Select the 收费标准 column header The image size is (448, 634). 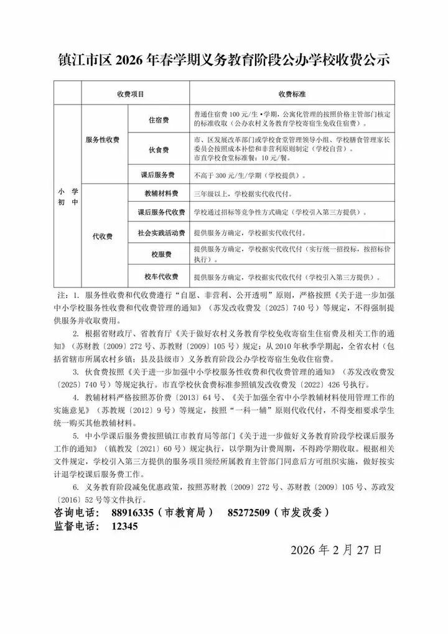pyautogui.click(x=292, y=94)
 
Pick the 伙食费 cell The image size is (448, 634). pyautogui.click(x=159, y=150)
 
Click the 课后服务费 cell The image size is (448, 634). pyautogui.click(x=159, y=175)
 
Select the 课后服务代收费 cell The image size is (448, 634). pyautogui.click(x=161, y=213)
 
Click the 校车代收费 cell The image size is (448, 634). pyautogui.click(x=161, y=276)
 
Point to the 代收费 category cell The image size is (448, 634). pyautogui.click(x=103, y=236)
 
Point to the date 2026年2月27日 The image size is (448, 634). pyautogui.click(x=336, y=550)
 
